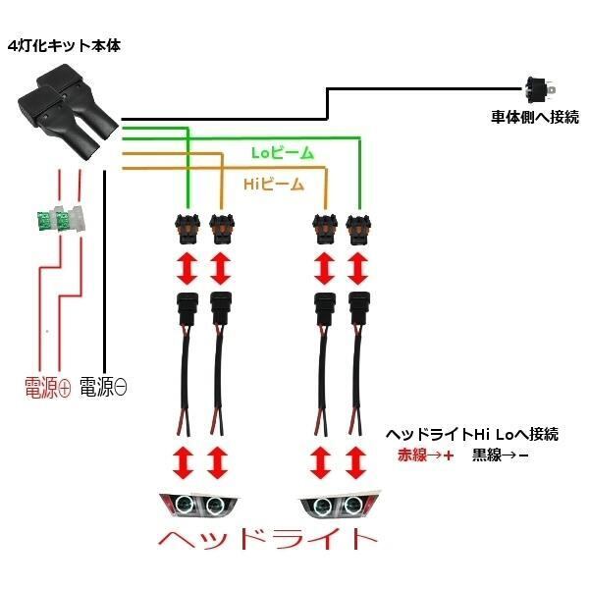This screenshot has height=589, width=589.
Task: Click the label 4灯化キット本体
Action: (65, 46)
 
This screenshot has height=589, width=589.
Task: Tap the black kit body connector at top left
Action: (64, 114)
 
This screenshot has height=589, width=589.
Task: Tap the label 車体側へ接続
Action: (535, 117)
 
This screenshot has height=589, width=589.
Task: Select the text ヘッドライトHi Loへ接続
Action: (479, 434)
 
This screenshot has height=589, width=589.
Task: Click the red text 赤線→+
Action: (425, 455)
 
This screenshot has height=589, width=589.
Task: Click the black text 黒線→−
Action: (500, 455)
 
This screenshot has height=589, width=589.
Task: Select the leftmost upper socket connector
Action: (186, 226)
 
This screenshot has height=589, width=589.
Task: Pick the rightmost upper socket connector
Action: (358, 226)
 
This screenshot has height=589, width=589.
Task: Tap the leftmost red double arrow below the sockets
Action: (186, 267)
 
